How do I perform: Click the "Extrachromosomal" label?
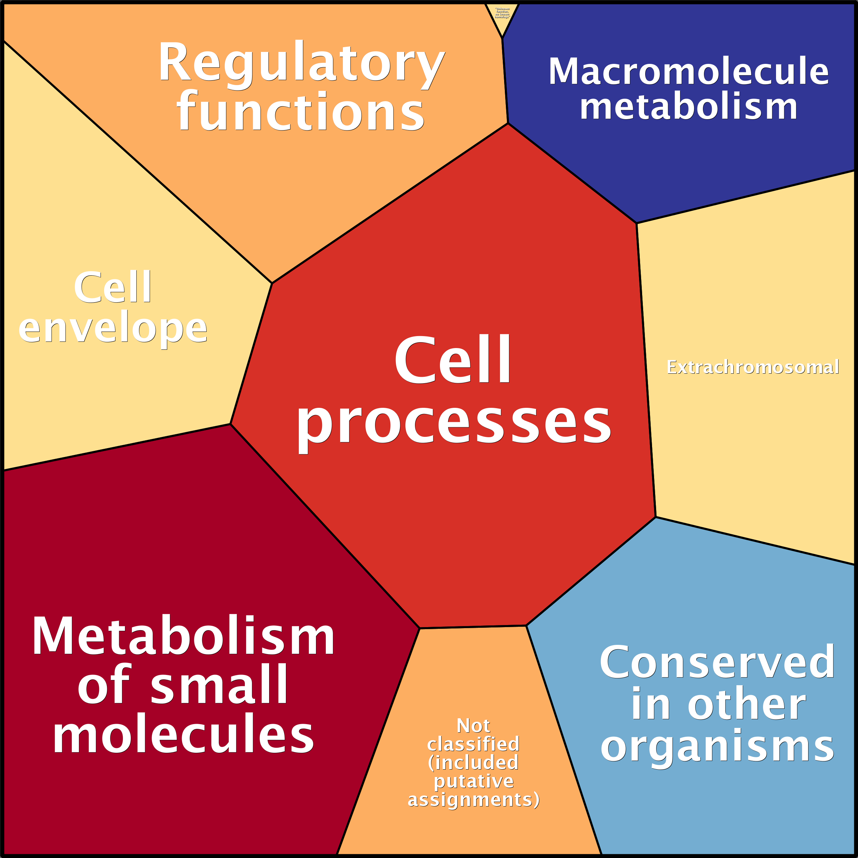(752, 367)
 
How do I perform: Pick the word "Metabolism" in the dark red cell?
(183, 636)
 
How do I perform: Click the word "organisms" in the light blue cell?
(717, 747)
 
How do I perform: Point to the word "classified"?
(473, 744)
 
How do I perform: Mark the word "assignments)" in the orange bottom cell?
(473, 799)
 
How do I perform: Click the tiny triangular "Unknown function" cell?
(502, 16)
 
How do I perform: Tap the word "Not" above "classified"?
(473, 726)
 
